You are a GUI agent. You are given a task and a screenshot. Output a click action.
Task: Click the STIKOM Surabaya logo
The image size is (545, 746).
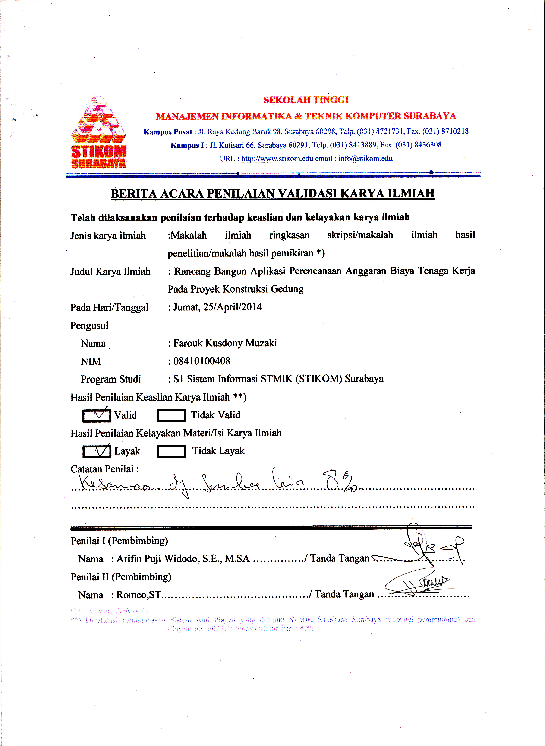(98, 132)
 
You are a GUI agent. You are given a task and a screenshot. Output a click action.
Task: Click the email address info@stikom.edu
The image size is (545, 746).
(365, 159)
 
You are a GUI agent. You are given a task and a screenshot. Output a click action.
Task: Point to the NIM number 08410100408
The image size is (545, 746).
(202, 361)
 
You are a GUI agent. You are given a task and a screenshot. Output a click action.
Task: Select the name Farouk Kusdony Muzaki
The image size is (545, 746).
(225, 343)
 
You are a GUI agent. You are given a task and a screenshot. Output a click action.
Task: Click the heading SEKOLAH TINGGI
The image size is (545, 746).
(306, 100)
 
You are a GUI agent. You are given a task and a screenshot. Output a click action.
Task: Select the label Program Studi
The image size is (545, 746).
(111, 379)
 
